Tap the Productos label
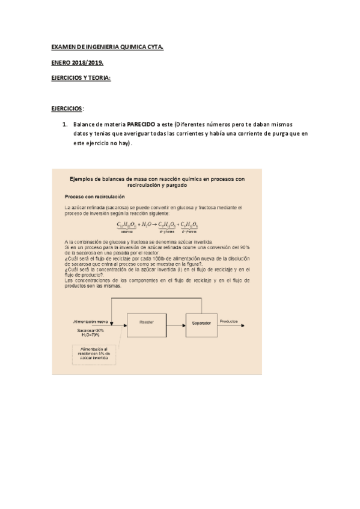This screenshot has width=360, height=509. [229, 321]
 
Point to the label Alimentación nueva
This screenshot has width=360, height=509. [90, 322]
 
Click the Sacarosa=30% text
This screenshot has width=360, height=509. [91, 330]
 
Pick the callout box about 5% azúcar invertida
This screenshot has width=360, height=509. [93, 354]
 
